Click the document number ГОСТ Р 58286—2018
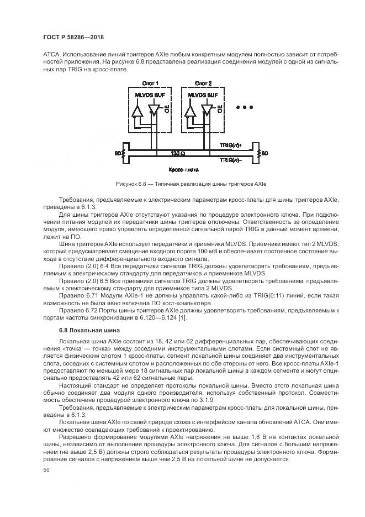point(73,37)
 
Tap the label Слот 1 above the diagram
point(150,83)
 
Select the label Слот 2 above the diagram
point(203,83)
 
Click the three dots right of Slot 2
point(245,107)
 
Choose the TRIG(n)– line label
point(230,159)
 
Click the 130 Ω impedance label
point(178,152)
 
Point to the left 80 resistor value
point(117,152)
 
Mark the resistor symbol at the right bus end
point(258,152)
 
